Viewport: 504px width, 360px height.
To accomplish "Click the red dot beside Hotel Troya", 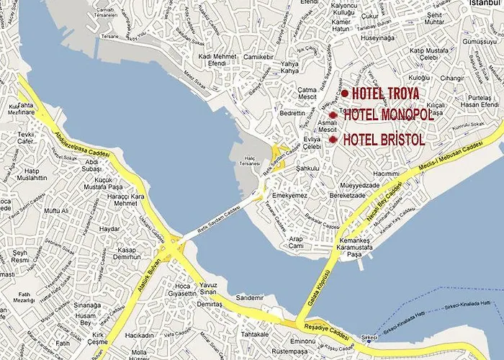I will click(345, 94).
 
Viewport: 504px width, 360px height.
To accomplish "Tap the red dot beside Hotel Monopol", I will click(333, 115).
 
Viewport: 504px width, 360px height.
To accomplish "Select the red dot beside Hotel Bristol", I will click(333, 139).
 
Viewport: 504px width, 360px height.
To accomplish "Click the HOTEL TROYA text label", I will click(385, 94).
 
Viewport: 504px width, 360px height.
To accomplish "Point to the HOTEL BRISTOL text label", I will click(384, 140).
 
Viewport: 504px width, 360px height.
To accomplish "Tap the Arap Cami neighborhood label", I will click(297, 242).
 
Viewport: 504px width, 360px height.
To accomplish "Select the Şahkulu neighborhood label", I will click(307, 168).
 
